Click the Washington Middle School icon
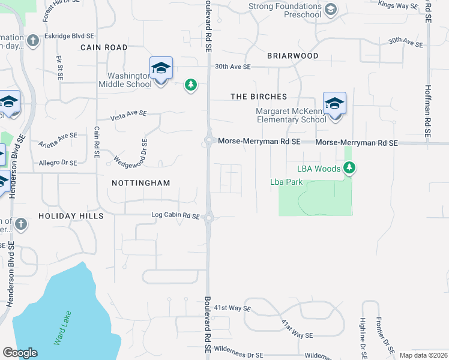coord(161,69)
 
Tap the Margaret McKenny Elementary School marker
coord(334,104)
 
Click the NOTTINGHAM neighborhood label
coord(141,183)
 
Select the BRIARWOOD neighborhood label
coord(293,56)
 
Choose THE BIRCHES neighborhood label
coord(259,97)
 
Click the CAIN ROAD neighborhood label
coord(104,47)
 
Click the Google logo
coord(20,353)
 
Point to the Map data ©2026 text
coord(423,355)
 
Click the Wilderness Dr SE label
coord(238,355)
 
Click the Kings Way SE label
coord(398,5)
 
